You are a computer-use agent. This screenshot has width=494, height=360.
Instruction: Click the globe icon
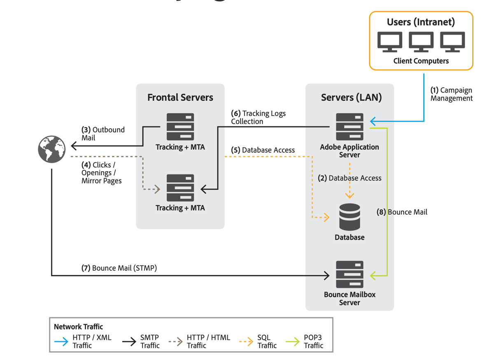(52, 149)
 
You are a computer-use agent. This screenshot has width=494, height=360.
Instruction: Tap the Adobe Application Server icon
(350, 127)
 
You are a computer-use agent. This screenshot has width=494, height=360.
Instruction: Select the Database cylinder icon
(350, 217)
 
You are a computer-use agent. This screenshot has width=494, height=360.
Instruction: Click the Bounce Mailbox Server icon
(350, 274)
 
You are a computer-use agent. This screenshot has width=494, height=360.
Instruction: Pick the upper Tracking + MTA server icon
(180, 127)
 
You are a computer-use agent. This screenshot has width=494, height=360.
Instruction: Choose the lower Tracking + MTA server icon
(180, 188)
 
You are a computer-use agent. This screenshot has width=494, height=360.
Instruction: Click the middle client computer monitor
(421, 42)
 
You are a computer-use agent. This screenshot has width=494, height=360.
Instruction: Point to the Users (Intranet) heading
(421, 22)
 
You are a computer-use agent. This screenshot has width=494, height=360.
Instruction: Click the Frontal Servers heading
(180, 98)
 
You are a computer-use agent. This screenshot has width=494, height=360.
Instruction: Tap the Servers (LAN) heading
(351, 98)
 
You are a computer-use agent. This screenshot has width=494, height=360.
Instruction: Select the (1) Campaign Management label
(451, 94)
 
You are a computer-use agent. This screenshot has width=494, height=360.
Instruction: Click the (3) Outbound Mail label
(103, 134)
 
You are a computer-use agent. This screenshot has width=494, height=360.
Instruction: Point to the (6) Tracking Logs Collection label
(258, 117)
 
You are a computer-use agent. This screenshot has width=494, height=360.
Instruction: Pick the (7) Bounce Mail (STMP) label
(119, 268)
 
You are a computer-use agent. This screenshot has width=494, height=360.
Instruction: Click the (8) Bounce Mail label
(402, 212)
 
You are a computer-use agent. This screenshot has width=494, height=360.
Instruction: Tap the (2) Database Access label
(350, 178)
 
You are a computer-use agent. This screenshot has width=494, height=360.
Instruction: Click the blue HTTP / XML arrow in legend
(62, 341)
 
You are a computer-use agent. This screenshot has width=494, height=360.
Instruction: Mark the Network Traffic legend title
(78, 327)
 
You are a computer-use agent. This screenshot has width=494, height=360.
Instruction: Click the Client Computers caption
(421, 61)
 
